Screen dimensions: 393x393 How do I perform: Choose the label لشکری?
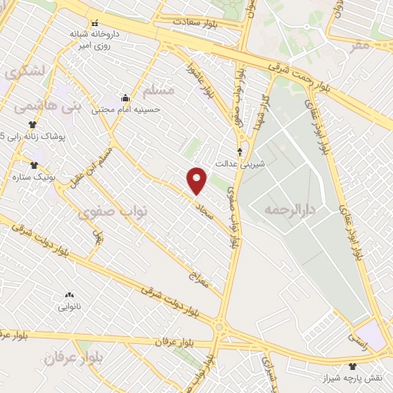24,73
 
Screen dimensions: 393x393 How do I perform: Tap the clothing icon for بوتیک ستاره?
34,165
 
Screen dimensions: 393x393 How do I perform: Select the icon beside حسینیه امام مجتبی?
126,98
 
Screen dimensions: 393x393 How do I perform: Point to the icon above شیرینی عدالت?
240,151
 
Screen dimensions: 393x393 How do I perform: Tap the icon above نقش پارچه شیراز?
352,365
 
